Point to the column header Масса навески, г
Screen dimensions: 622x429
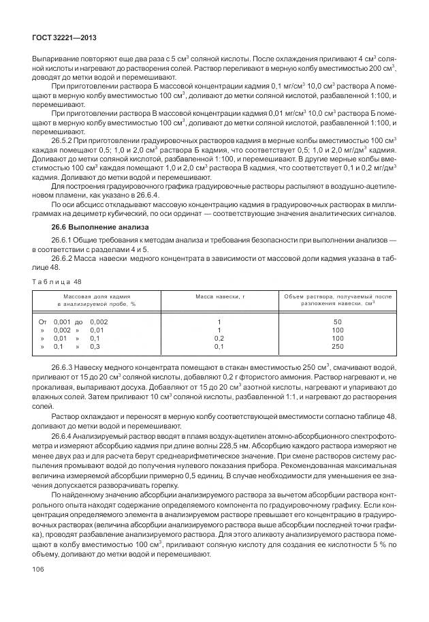click(x=220, y=297)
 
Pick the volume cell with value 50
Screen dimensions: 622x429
click(x=337, y=321)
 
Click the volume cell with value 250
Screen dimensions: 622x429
click(x=337, y=345)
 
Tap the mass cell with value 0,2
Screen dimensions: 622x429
click(x=219, y=337)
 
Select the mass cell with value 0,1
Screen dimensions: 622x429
click(x=219, y=345)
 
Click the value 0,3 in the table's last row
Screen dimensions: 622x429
click(x=95, y=345)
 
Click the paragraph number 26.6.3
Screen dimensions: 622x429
click(x=63, y=367)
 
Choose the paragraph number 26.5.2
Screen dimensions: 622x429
click(x=63, y=140)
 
